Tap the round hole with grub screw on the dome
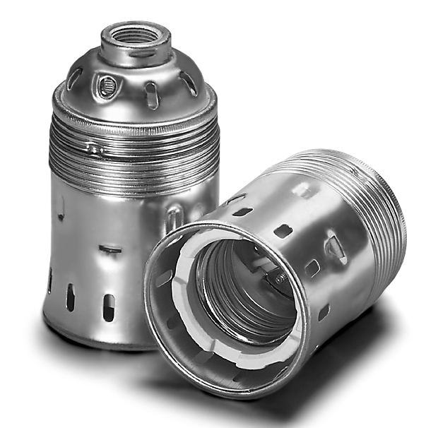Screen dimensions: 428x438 106,87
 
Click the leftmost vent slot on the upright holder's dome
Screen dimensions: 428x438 75,78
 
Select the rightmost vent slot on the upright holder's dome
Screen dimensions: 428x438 189,83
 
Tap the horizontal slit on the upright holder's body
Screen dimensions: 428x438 109,249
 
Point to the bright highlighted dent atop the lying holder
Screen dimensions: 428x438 304,189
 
